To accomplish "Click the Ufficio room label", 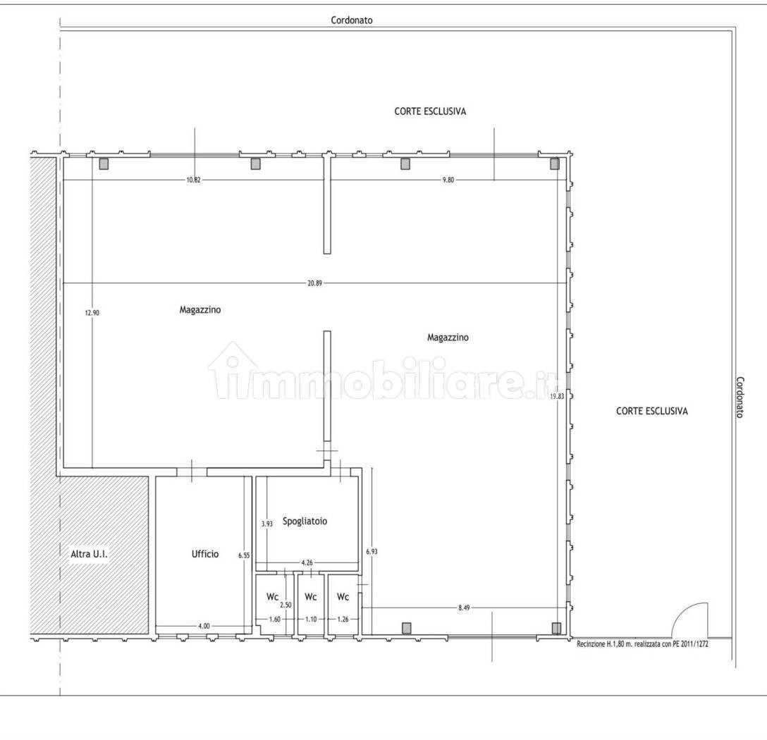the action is click(x=205, y=554).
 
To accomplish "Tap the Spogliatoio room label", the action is click(x=305, y=522).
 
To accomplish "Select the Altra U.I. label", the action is click(x=89, y=554).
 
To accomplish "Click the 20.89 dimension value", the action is click(x=314, y=283).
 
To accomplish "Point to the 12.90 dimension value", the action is click(x=92, y=312).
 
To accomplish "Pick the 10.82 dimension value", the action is click(x=193, y=180).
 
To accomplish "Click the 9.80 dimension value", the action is click(x=448, y=180).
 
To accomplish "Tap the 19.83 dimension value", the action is click(x=557, y=397).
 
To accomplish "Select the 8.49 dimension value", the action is click(x=464, y=608).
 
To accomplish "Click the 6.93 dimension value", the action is click(x=372, y=552).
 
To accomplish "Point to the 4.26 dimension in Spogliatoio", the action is click(x=307, y=563).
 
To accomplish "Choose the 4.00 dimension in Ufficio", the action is click(x=204, y=626).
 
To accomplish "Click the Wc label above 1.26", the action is click(x=343, y=597).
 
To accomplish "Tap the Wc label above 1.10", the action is click(x=311, y=597).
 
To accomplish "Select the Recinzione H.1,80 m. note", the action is click(x=642, y=644).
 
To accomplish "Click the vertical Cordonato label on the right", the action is click(x=740, y=397).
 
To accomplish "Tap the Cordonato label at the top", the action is click(x=352, y=20).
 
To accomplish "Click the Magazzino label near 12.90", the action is click(x=200, y=310).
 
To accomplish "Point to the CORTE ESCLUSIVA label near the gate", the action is click(x=651, y=412).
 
